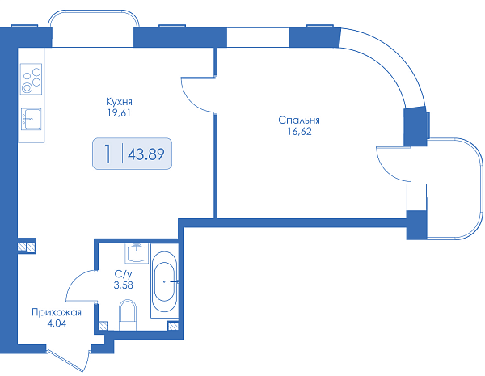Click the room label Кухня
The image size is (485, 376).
119,102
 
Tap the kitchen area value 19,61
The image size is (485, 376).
119,113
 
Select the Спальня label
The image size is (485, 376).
299,120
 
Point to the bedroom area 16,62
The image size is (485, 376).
299,132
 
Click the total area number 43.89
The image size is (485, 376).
146,154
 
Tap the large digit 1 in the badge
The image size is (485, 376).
108,154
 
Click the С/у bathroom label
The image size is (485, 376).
123,274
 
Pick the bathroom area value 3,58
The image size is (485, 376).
124,285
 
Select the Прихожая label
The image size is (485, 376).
57,313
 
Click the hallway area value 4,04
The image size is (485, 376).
57,323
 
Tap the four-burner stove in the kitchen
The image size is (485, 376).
32,79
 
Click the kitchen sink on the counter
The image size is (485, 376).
31,119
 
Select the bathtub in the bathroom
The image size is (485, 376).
165,281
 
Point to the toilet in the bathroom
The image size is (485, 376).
128,315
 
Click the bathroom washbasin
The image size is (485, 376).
137,253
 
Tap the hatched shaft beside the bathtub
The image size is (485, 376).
173,326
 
